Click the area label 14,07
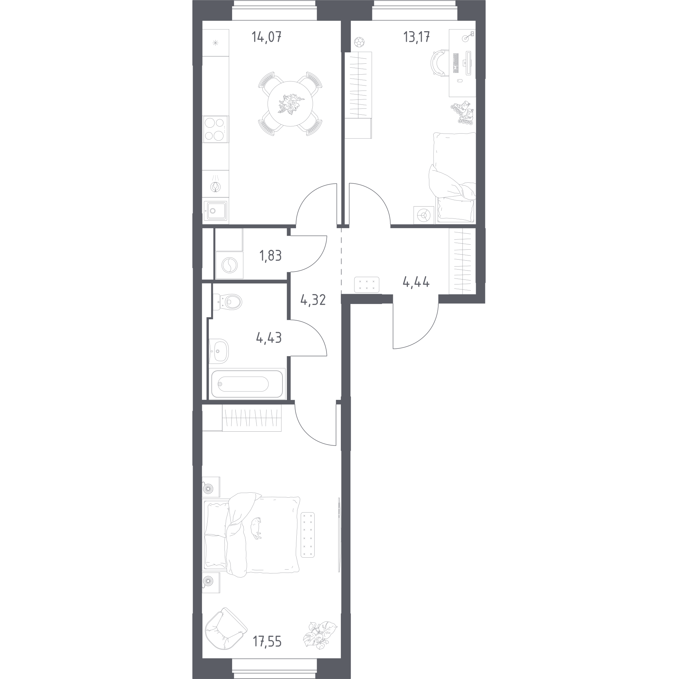[x=267, y=37]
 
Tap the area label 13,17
[x=416, y=37]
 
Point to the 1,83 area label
[x=270, y=256]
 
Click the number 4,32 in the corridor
[x=313, y=300]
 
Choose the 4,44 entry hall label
[x=416, y=282]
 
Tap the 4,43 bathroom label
[x=269, y=338]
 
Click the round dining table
[x=290, y=104]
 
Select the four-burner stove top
[x=215, y=129]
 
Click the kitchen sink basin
[x=215, y=211]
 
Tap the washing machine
[x=229, y=265]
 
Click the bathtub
[x=247, y=384]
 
